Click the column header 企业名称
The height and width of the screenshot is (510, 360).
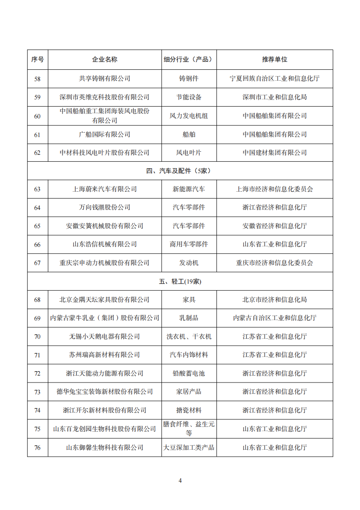pos(105,59)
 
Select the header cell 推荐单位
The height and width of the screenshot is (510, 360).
pos(275,59)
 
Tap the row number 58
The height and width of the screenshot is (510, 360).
pos(37,79)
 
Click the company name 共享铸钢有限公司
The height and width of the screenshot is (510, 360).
pos(105,79)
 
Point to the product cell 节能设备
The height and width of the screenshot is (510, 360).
pos(189,97)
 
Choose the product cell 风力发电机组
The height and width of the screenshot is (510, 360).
pos(189,116)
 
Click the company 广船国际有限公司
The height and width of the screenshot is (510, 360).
pos(105,134)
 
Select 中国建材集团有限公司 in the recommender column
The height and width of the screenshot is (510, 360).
pos(275,153)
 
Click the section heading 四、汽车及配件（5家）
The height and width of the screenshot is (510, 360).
pos(180,171)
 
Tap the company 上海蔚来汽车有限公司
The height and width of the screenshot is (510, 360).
pos(105,190)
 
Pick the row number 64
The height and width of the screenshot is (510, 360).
pos(37,208)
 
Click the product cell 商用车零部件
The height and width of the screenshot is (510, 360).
pos(189,245)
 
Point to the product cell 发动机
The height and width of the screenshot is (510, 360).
pos(189,263)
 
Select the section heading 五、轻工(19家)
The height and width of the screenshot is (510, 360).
pos(180,281)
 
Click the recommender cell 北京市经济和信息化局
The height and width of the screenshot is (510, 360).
pos(275,300)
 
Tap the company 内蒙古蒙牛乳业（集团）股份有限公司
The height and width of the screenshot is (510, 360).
pos(105,318)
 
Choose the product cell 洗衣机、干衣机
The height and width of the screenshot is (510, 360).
pos(189,337)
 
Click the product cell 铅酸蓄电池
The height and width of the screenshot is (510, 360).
pos(189,373)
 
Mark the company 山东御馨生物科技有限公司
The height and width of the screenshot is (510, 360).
pos(105,448)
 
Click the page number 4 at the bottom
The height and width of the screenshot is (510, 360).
pos(180,481)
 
